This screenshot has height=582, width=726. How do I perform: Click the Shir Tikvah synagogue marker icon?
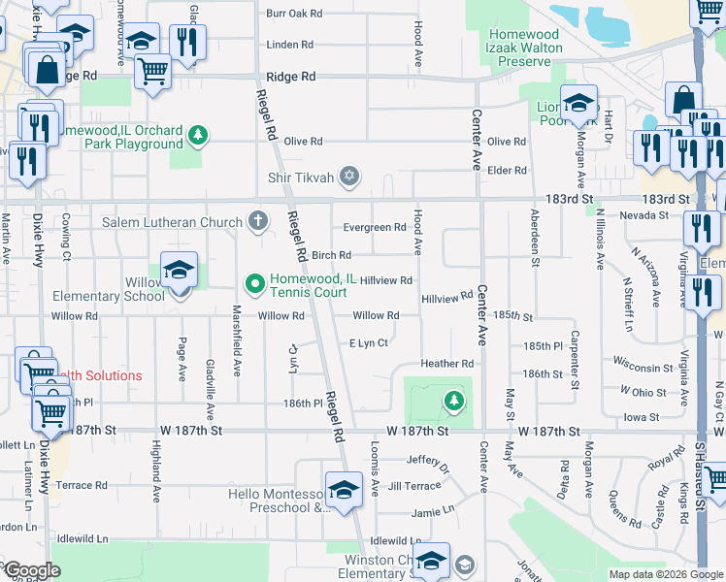coord(349,177)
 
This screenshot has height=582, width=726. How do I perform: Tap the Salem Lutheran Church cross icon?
coord(257,221)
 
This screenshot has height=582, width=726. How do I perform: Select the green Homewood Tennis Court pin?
coord(255,283)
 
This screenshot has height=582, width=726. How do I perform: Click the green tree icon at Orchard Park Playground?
coord(198,134)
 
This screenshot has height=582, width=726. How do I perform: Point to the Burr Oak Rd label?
coord(293,14)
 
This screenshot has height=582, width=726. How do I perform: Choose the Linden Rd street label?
coord(289,45)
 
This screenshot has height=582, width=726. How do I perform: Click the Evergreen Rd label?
coord(375,228)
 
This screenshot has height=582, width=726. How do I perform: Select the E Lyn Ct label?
coord(368,343)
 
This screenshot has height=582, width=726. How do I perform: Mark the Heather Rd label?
coord(446,364)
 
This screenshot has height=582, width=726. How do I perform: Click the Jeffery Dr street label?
coord(428,463)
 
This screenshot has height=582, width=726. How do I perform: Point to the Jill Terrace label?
coord(413,485)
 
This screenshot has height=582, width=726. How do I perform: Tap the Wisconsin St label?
coord(643,368)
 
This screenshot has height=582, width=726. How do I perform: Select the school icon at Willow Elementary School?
coord(180,273)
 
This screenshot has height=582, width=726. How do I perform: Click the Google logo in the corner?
coord(31,570)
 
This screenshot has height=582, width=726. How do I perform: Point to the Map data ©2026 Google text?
coord(665,574)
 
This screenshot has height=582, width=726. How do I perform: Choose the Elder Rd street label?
coord(507,171)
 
